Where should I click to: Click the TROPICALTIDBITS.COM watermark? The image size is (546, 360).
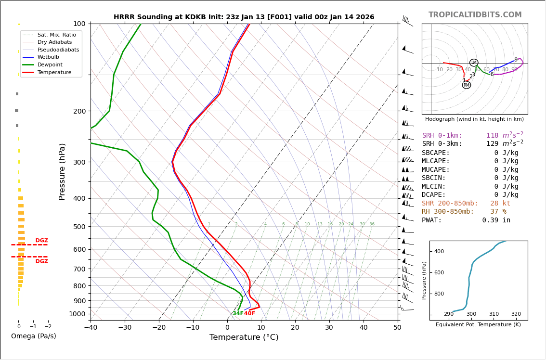click(x=475, y=15)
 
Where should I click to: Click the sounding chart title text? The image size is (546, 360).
click(x=244, y=17)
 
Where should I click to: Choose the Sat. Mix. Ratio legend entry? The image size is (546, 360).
click(x=56, y=35)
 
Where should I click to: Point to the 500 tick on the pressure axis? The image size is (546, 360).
click(x=79, y=227)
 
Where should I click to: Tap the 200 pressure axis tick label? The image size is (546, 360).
click(x=79, y=111)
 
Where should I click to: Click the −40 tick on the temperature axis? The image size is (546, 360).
click(x=91, y=328)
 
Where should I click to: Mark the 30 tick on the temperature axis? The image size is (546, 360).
click(x=329, y=328)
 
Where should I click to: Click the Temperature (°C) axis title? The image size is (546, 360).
click(x=244, y=337)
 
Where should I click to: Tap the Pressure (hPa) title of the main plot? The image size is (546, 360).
click(x=63, y=171)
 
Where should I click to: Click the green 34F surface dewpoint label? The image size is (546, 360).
click(x=238, y=314)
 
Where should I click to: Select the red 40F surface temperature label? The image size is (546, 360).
click(x=249, y=314)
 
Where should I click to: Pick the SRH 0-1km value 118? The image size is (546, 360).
click(x=492, y=136)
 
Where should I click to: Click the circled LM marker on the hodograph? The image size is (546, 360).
click(x=474, y=63)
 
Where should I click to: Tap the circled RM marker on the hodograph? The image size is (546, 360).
click(x=466, y=85)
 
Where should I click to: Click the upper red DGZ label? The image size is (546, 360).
click(x=41, y=241)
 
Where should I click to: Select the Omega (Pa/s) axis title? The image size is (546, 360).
click(x=34, y=336)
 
